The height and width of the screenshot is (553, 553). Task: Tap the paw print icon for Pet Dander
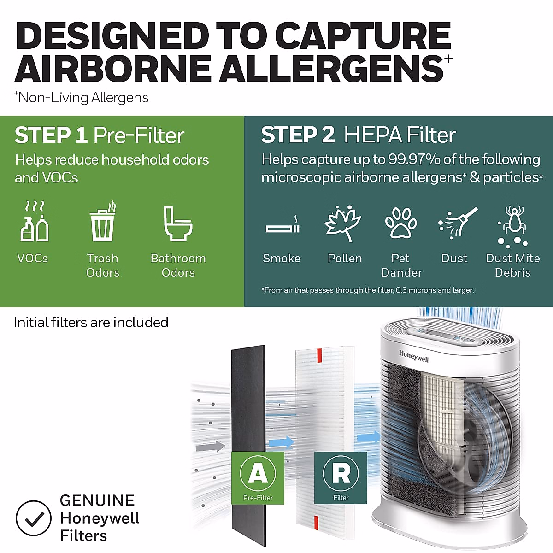(400, 223)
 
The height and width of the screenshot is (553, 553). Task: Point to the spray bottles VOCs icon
(35, 222)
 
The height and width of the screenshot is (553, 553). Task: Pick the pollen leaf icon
(343, 223)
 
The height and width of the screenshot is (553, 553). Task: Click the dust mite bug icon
(512, 224)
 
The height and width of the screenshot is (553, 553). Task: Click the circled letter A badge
(258, 473)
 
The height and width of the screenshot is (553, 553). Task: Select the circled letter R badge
(341, 473)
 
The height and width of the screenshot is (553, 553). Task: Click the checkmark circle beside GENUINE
(33, 518)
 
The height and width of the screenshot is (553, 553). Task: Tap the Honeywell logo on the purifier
(413, 356)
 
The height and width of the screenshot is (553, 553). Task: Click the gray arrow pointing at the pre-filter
(210, 446)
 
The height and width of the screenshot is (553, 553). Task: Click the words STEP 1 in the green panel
(51, 135)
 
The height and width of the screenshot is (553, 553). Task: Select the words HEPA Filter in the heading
(400, 135)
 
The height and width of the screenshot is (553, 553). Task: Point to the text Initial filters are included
(91, 322)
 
